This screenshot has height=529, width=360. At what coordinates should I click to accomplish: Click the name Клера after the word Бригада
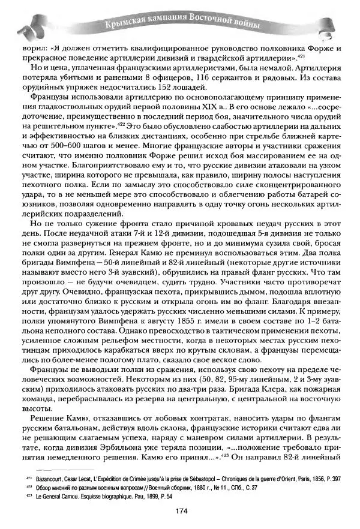pos(245,389)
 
